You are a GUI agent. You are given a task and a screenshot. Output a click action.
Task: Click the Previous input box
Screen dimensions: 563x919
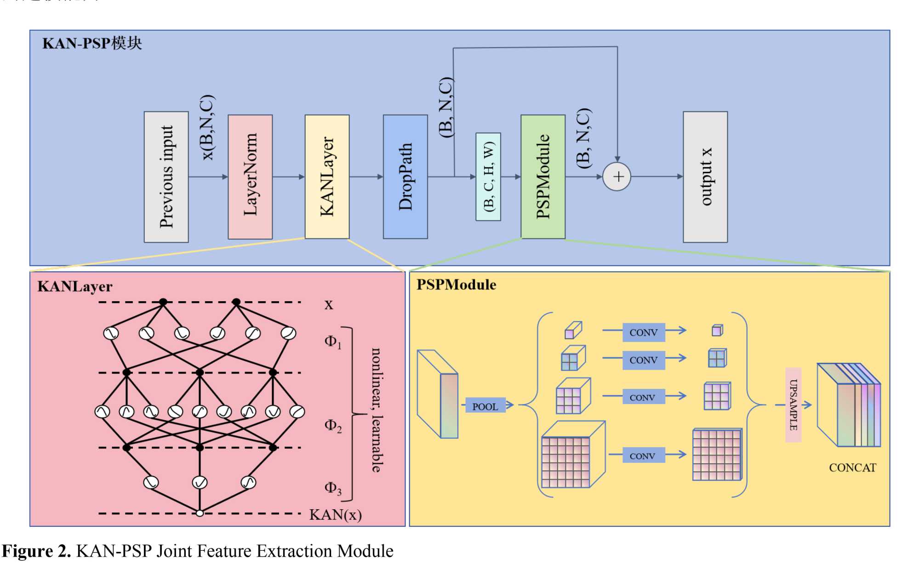pos(166,177)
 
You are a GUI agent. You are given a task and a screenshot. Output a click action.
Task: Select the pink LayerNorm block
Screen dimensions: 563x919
pos(250,177)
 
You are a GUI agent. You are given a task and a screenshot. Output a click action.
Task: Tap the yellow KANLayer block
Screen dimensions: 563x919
pos(327,177)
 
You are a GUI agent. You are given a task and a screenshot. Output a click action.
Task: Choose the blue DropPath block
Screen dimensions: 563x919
pos(405,177)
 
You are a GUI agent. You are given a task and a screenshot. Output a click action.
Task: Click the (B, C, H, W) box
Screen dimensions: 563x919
pos(488,177)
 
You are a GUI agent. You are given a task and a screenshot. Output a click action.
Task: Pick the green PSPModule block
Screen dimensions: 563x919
pos(542,177)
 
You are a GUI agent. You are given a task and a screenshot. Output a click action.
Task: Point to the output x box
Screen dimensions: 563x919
pos(705,177)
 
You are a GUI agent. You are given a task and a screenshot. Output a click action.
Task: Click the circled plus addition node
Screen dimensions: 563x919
pos(617,177)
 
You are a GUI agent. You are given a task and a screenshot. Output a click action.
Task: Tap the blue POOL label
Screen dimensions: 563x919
pos(485,406)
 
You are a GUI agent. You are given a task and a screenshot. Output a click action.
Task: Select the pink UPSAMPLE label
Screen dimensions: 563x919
pos(793,405)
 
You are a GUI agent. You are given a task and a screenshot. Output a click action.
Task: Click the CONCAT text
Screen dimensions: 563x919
pos(852,467)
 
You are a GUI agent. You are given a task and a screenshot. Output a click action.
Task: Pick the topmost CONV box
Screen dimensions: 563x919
pos(643,332)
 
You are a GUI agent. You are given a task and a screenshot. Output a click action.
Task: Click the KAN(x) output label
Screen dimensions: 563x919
pos(335,514)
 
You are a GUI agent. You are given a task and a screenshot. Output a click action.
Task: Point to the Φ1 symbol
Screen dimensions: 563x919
pos(333,342)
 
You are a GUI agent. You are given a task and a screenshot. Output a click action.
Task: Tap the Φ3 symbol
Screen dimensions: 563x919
pos(333,488)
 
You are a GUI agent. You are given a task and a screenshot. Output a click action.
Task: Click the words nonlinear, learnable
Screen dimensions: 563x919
pos(377,410)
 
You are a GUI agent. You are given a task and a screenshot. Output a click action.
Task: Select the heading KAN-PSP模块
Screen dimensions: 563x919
pos(92,43)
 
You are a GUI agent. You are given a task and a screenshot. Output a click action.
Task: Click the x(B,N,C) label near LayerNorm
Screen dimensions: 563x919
pos(208,127)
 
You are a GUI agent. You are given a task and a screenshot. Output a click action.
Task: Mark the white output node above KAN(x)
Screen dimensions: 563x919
pos(200,513)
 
